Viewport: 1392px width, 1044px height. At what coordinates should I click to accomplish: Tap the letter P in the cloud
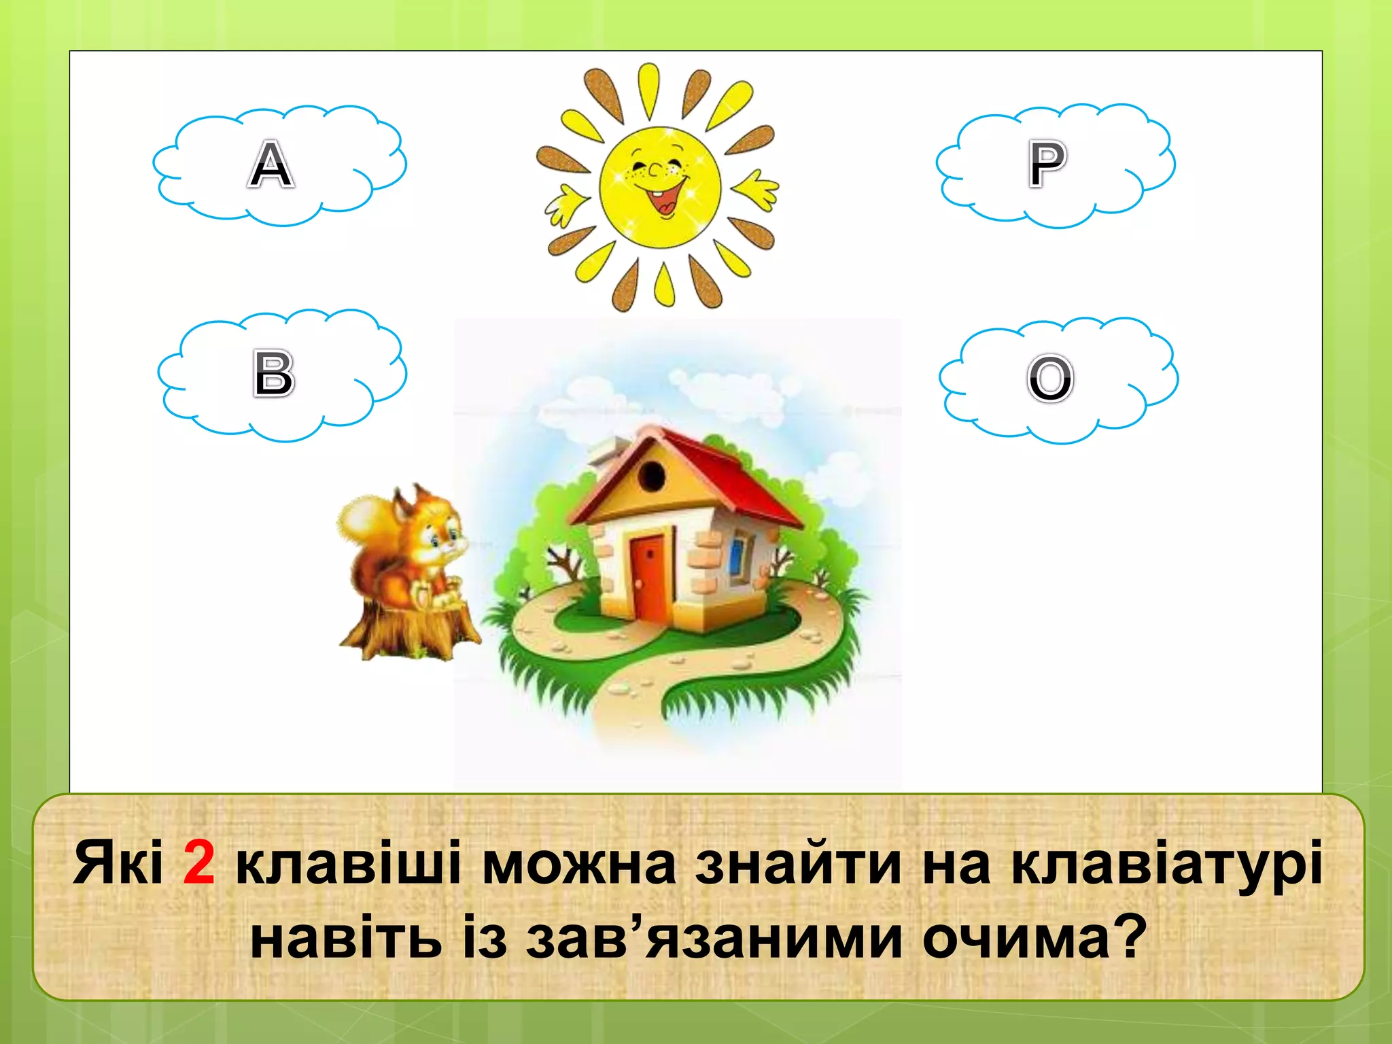(1047, 163)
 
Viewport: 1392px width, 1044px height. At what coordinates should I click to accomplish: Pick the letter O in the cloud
(1050, 378)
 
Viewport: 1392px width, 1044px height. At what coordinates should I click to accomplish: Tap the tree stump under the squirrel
(408, 629)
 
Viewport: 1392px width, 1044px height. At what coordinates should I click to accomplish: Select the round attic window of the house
(651, 475)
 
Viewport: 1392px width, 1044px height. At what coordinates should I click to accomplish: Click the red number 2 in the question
(198, 863)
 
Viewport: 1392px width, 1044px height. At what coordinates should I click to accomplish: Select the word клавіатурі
(1166, 865)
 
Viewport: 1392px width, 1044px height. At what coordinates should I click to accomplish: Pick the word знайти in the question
(798, 865)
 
